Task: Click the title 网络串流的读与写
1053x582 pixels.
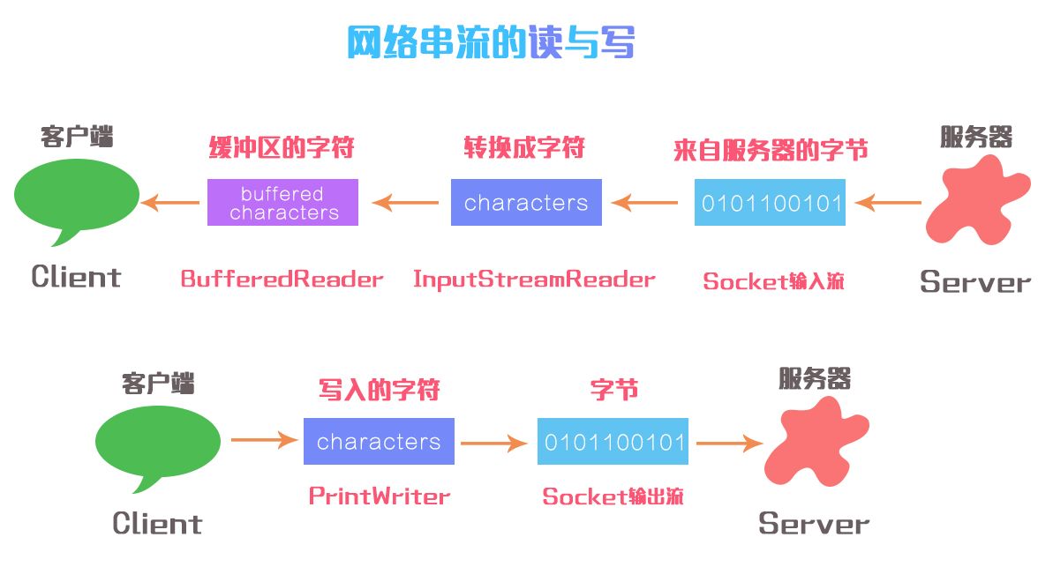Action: point(490,41)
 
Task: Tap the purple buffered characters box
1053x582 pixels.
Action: point(282,203)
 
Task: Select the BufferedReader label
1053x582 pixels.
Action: point(282,280)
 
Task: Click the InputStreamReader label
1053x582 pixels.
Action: point(534,280)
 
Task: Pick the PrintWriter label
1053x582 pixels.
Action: point(380,496)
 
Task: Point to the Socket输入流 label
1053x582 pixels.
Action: point(773,281)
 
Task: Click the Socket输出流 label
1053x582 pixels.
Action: point(613,496)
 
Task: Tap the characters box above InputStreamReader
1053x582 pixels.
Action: point(526,203)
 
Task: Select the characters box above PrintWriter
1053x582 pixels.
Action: point(379,442)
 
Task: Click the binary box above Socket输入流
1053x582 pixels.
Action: point(770,203)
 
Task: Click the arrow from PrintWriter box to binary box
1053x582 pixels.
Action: point(494,444)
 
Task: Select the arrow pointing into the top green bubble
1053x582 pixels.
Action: point(171,203)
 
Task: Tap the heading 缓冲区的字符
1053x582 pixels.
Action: point(282,147)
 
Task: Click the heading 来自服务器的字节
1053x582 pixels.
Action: point(771,150)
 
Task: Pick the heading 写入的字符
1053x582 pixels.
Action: point(379,390)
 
